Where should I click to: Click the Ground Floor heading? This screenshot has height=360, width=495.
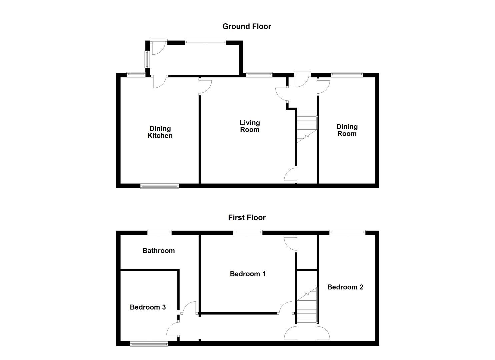point(247,26)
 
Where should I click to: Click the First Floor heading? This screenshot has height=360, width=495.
point(247,217)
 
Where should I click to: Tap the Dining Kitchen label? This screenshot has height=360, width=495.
point(160,132)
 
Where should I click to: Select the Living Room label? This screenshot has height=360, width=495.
point(250,126)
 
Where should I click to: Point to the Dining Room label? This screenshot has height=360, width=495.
point(347,130)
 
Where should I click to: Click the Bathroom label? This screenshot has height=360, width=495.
point(158,251)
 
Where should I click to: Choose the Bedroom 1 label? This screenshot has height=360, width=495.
point(248,274)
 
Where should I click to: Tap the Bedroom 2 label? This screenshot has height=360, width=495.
point(345,287)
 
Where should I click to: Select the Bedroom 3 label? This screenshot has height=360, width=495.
point(148,307)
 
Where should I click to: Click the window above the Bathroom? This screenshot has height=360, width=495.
point(159,232)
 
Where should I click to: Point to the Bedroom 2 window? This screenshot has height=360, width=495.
point(347,232)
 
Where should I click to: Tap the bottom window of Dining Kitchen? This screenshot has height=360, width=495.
point(159,186)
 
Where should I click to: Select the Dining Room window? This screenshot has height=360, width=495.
point(347,75)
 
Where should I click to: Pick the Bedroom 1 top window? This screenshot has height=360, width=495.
point(248,232)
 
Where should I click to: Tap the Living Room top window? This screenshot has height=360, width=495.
point(259,75)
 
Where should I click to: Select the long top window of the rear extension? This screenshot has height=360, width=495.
point(205,42)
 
